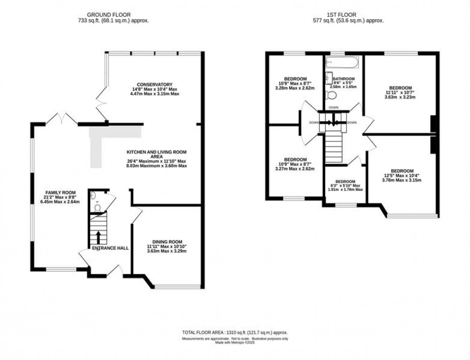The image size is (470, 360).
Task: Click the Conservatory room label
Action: click(154, 84)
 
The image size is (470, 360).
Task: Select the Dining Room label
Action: click(167, 242)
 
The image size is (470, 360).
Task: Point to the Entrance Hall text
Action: click(110, 248)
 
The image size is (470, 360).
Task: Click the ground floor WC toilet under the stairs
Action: click(93, 196)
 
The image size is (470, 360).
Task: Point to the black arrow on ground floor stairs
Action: click(99, 236)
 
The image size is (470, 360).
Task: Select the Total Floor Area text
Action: click(235, 333)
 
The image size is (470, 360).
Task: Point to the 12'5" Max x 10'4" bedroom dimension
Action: click(402, 176)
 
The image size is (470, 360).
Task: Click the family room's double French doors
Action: click(62, 118)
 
